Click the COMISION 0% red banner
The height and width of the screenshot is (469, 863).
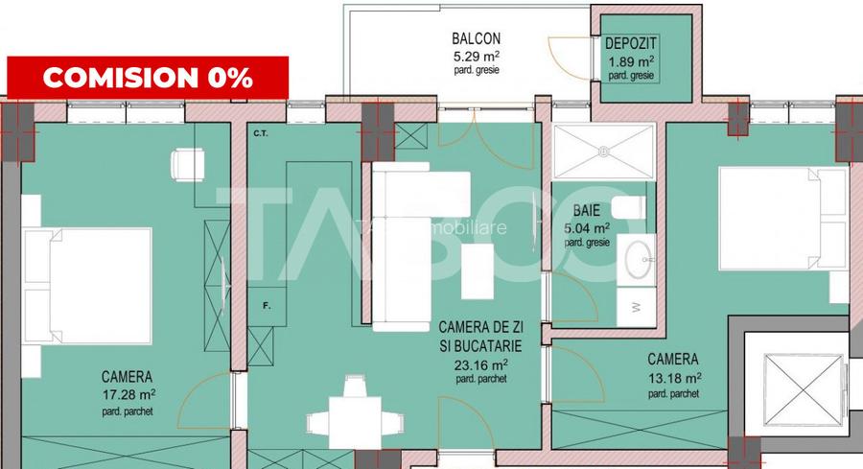tap(148, 78)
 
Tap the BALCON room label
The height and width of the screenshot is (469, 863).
tap(477, 39)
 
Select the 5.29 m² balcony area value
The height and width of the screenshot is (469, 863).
tap(477, 56)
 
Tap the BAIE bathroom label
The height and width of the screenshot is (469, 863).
tap(587, 211)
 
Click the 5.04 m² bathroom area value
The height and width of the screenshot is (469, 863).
tap(588, 228)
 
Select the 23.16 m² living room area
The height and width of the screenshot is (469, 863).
tap(480, 364)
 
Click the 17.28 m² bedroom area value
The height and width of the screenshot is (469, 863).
tap(128, 394)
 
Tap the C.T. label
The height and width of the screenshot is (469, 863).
tap(260, 133)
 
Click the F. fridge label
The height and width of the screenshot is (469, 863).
tap(268, 306)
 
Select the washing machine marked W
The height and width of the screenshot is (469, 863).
tap(637, 306)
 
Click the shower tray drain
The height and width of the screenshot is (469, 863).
tap(604, 151)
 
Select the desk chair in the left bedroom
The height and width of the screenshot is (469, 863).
tap(187, 164)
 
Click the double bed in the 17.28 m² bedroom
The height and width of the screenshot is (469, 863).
tap(88, 286)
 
